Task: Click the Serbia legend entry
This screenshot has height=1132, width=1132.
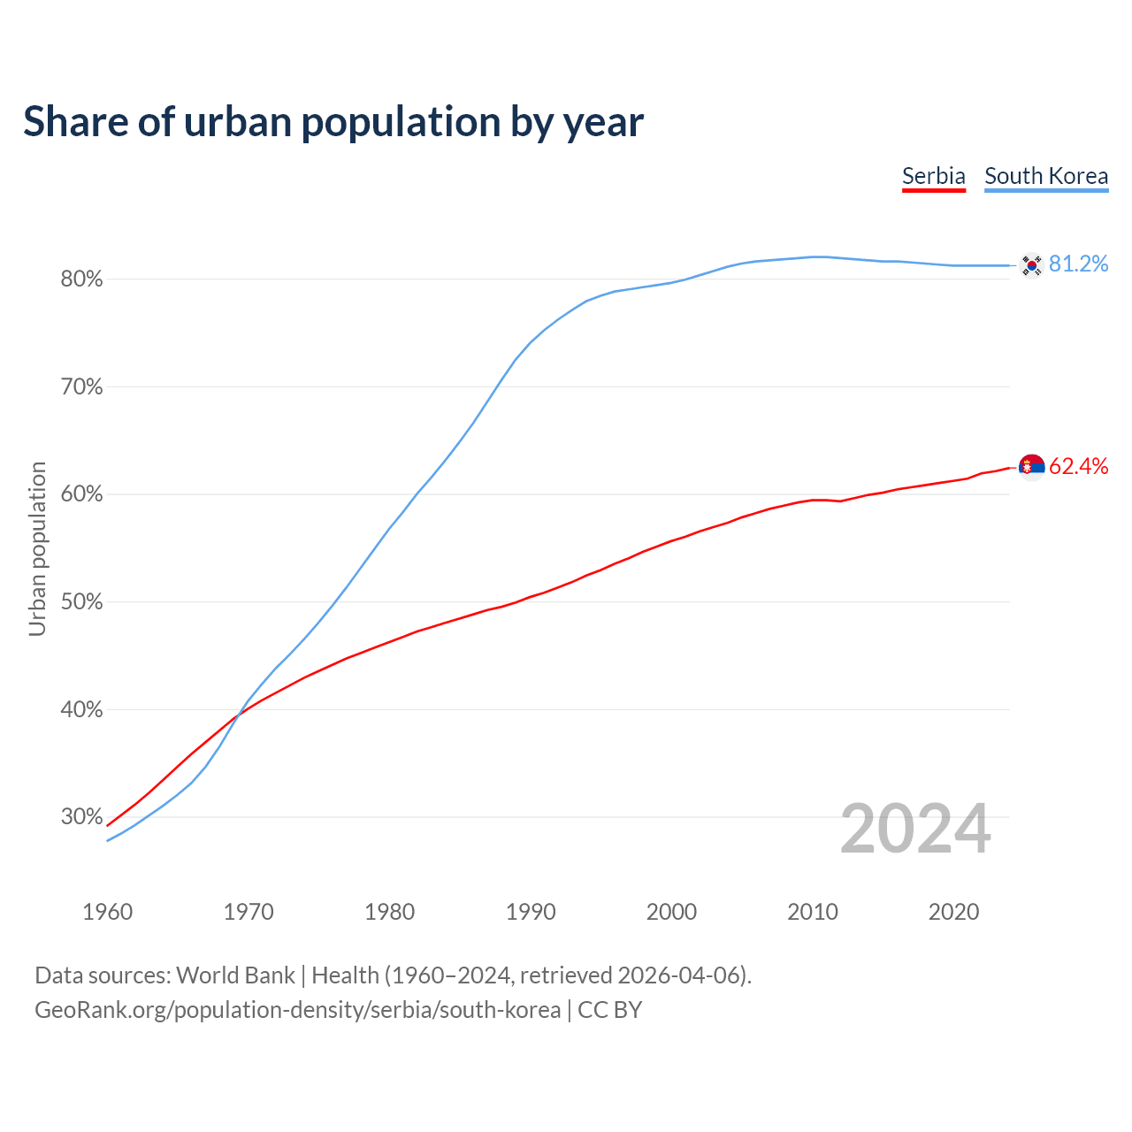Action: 933,176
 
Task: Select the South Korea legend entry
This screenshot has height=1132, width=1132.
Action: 1046,176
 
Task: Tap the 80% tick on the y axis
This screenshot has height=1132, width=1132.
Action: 81,279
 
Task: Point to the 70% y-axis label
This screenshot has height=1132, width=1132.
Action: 81,387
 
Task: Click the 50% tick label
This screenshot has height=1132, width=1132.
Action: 81,602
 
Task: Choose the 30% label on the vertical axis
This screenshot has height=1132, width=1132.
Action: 81,817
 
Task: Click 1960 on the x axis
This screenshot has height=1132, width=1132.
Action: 108,912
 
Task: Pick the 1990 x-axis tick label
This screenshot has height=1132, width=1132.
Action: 531,912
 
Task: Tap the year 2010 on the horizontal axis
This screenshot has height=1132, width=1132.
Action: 813,912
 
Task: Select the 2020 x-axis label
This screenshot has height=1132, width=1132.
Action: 953,912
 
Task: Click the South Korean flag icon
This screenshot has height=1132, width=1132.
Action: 1031,265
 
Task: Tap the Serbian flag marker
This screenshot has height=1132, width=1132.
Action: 1031,466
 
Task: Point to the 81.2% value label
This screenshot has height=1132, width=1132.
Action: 1078,264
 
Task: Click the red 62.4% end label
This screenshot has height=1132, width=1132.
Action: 1078,466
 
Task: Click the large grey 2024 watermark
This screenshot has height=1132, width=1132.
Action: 915,829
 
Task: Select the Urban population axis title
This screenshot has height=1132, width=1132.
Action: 37,548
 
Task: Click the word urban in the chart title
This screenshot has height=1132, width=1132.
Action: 237,122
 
